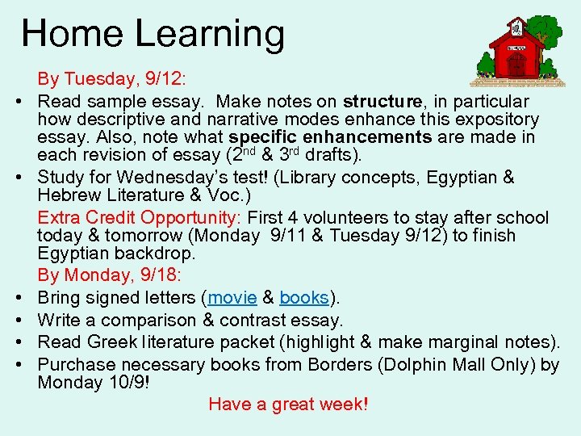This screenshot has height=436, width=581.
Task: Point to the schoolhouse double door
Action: [x=516, y=65]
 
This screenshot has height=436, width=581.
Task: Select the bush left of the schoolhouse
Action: [x=487, y=65]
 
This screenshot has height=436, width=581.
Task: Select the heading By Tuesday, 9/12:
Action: [x=112, y=79]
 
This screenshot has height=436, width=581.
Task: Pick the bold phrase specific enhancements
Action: [x=329, y=137]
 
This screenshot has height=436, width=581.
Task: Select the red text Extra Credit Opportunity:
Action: [x=140, y=218]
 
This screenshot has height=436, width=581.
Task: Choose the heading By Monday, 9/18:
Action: [x=112, y=275]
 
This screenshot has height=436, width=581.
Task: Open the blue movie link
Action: [x=232, y=298]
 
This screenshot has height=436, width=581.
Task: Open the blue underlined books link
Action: [x=303, y=298]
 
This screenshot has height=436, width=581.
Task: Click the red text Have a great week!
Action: [x=288, y=404]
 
